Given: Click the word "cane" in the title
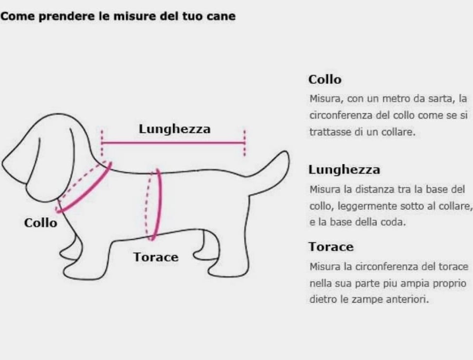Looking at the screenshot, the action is [x=221, y=16].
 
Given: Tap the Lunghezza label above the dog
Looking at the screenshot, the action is [x=174, y=129].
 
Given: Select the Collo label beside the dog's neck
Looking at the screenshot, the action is [x=40, y=223].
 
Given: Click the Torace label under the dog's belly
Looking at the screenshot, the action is [x=156, y=257].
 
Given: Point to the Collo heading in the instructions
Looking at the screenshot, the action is [x=325, y=79].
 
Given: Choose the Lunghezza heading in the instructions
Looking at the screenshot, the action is [x=344, y=170].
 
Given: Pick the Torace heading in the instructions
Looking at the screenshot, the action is [x=331, y=247].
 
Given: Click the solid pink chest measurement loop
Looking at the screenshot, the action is [x=158, y=205].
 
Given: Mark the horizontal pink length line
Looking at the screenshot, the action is [x=173, y=143].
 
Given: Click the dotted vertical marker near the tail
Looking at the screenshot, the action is [x=245, y=143].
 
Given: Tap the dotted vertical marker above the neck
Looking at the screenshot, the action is [x=102, y=143].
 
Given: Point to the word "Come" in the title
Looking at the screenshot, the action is [x=18, y=16].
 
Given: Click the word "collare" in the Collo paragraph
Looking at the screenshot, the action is [x=397, y=132].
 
